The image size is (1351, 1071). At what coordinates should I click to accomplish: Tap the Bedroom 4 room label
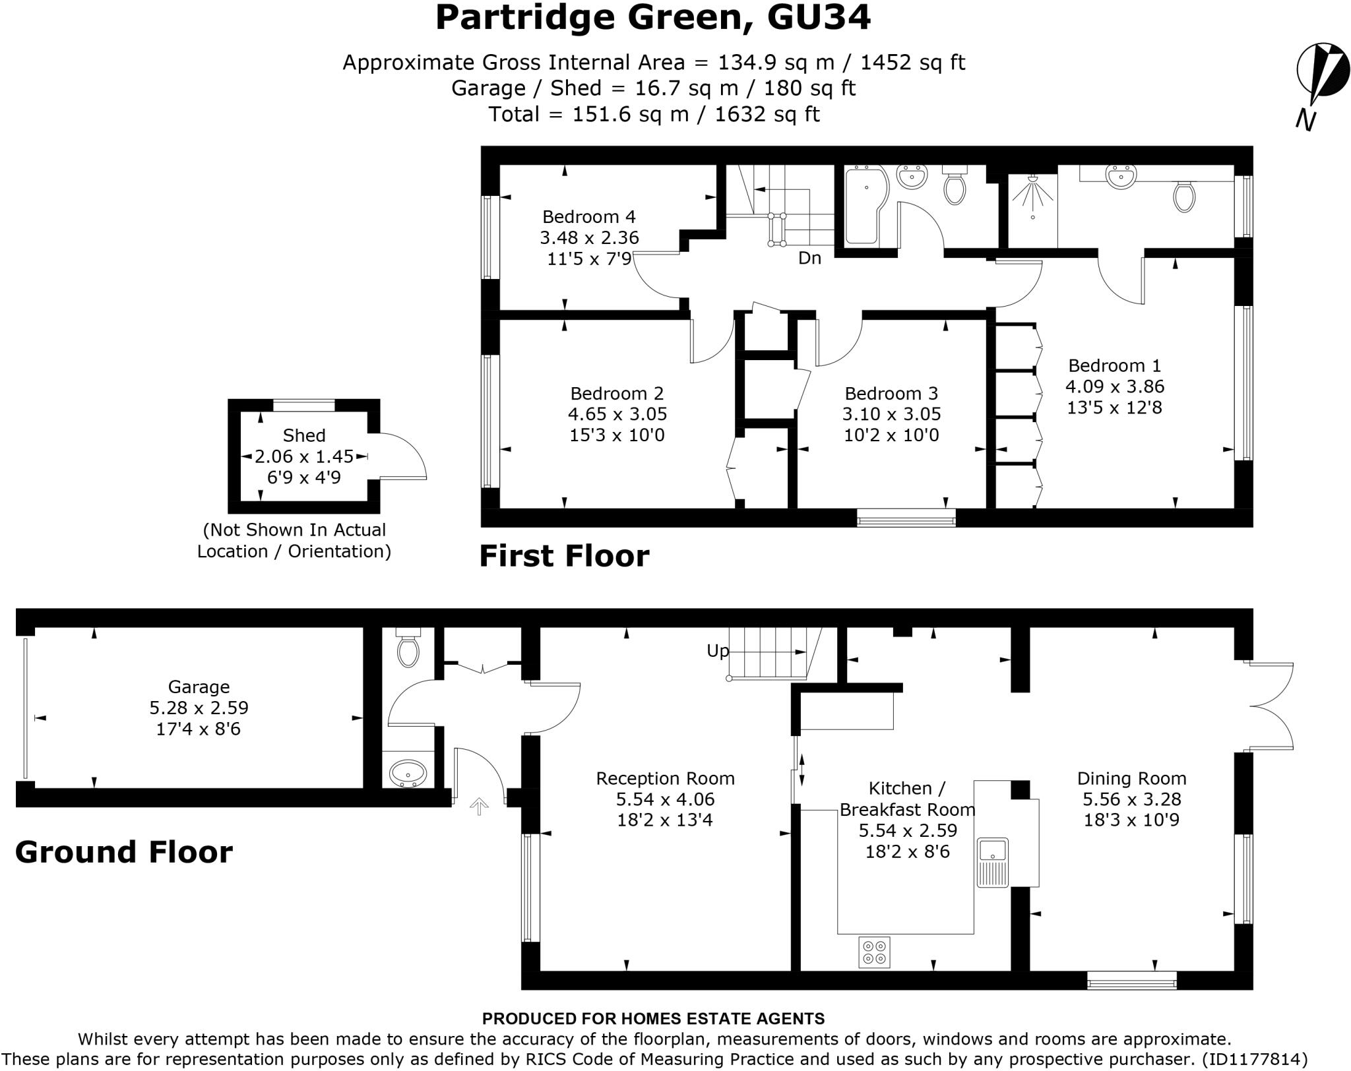click(x=588, y=216)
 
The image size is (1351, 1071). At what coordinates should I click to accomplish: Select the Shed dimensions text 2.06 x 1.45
click(x=304, y=456)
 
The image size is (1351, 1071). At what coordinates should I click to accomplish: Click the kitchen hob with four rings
click(x=874, y=952)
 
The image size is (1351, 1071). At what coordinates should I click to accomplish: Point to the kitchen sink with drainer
click(x=992, y=863)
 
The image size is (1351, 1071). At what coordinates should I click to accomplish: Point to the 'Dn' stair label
click(x=809, y=259)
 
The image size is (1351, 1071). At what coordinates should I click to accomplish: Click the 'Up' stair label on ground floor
click(x=718, y=651)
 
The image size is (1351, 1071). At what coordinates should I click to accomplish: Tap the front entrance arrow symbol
click(x=479, y=806)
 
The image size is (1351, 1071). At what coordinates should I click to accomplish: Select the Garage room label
click(x=199, y=687)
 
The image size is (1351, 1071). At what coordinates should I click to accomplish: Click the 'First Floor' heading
click(x=564, y=556)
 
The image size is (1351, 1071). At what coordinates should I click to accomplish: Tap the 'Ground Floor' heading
click(x=124, y=852)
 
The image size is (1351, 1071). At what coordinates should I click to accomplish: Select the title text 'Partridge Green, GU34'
click(x=652, y=18)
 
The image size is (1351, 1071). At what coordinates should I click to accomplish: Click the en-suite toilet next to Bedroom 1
click(x=1184, y=196)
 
